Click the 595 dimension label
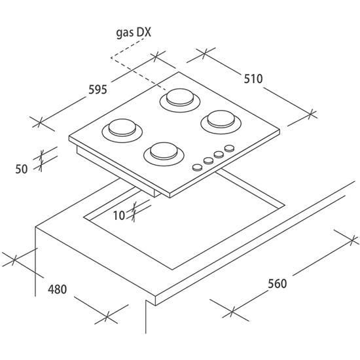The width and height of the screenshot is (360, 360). click(98, 90)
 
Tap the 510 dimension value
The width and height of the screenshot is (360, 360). click(253, 79)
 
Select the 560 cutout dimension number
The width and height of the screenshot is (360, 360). click(278, 283)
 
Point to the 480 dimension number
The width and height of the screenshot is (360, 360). click(57, 289)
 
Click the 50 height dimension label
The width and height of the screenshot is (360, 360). click(22, 170)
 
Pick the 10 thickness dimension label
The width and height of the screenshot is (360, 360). click(119, 215)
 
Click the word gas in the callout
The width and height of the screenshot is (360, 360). click(125, 33)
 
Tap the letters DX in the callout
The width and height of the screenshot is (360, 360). click(144, 32)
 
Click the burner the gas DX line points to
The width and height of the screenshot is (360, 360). click(180, 100)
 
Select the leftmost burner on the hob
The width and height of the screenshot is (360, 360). click(122, 130)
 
